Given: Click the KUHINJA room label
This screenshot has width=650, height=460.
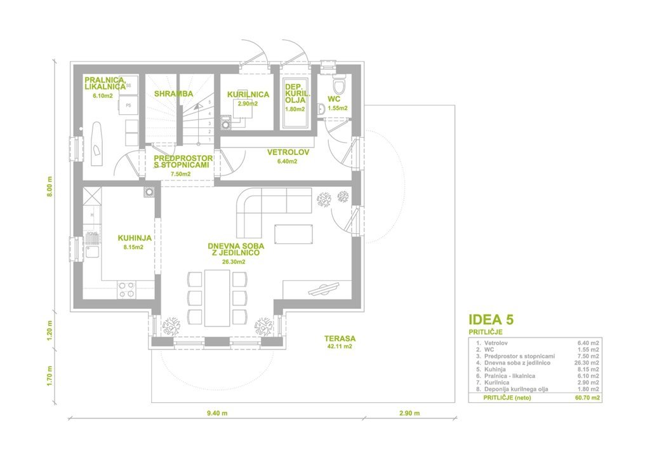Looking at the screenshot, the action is [x=135, y=238].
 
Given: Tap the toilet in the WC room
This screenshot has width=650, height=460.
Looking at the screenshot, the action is [x=340, y=85].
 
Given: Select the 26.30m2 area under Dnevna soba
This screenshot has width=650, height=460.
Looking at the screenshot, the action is [x=234, y=262].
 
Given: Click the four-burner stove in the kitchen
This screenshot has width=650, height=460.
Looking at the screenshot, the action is [x=126, y=290].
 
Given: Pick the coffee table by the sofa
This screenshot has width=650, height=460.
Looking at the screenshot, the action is [x=293, y=235].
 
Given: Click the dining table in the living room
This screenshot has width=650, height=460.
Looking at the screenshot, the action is [x=217, y=297].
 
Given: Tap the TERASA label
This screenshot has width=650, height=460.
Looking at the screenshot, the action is [x=340, y=339].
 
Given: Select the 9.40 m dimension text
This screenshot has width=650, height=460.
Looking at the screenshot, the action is [x=217, y=413].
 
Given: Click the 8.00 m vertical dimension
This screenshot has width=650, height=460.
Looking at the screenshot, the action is [x=50, y=187].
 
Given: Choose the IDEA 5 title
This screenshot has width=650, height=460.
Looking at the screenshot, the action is [x=491, y=320].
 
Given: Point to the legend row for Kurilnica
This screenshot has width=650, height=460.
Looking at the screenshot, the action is [x=538, y=382].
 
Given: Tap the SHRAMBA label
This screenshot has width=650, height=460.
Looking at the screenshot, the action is [x=174, y=94].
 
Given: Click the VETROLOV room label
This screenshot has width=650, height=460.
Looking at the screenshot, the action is [x=288, y=152].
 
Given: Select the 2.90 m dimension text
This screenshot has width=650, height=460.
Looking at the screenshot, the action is [x=409, y=413].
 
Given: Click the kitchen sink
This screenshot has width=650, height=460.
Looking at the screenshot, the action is [x=93, y=252].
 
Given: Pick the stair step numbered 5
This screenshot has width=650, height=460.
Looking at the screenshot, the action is [x=209, y=102].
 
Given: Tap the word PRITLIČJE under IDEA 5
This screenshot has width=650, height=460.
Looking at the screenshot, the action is [x=486, y=332].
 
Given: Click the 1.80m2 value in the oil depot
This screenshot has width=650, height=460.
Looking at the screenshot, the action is [x=295, y=109].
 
